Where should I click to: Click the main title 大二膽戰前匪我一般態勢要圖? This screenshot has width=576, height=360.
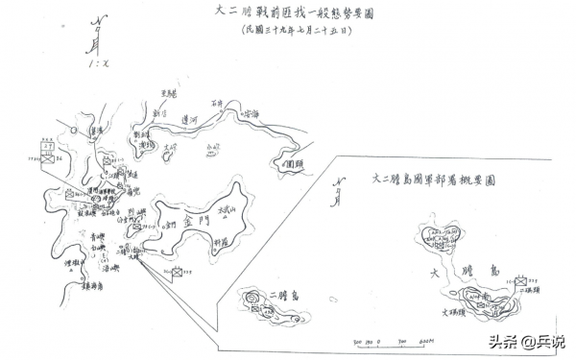pos(293,14)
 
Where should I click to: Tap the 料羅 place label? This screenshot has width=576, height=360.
pos(222,244)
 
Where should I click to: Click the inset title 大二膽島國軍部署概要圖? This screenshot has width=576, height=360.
pos(433,180)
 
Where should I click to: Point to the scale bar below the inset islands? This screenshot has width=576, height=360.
pos(393,338)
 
